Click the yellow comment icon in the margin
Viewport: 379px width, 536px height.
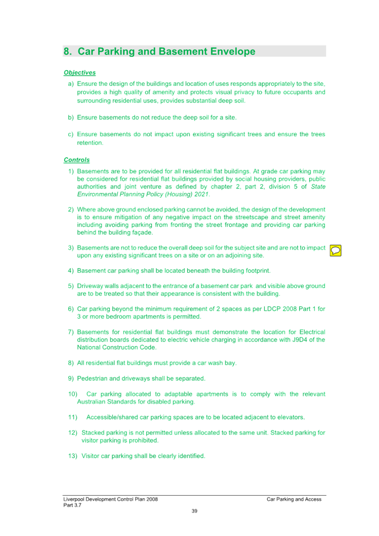click(335, 251)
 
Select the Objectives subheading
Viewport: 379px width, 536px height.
click(80, 72)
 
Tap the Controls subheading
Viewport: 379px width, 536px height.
click(77, 160)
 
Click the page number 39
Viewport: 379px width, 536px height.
click(194, 511)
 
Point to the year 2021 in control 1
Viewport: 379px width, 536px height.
click(202, 194)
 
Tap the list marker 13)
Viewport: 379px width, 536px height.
click(73, 456)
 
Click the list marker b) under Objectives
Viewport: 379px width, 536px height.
click(71, 117)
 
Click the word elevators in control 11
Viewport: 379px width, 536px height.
click(291, 417)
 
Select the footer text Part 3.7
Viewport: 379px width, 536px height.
click(72, 505)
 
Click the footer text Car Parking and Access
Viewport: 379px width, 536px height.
click(294, 499)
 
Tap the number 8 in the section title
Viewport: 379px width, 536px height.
click(67, 51)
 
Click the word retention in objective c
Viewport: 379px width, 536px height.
click(90, 143)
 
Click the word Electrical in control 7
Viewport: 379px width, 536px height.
click(312, 332)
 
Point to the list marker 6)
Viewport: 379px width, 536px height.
click(71, 309)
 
